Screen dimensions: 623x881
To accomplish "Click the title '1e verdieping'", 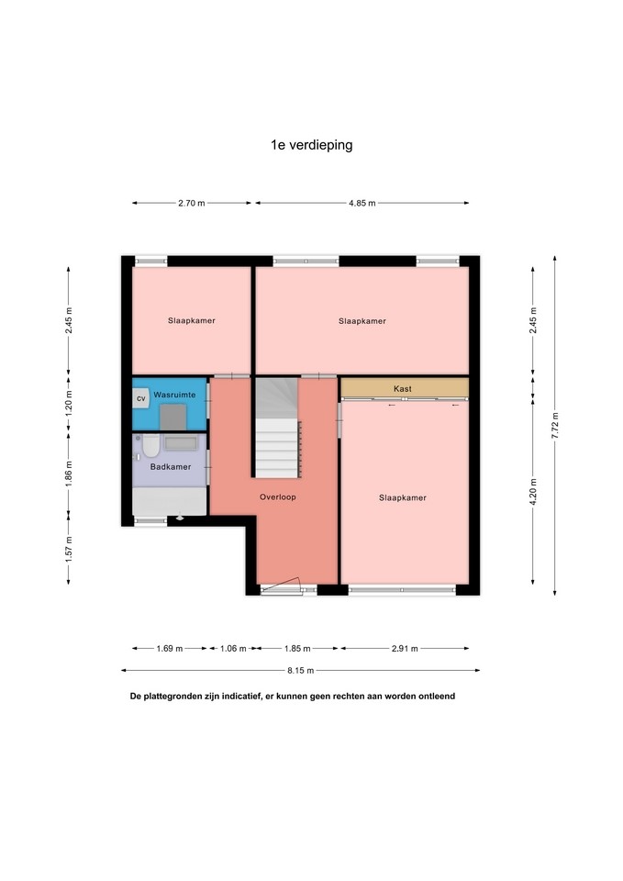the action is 312,145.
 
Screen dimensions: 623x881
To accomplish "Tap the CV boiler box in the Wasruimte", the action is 141,398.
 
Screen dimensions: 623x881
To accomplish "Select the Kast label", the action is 403,388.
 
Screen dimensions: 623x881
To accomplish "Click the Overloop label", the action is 277,496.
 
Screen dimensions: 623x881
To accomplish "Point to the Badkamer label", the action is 171,466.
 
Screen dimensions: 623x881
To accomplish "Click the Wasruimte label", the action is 174,395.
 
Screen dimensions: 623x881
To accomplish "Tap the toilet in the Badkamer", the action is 150,446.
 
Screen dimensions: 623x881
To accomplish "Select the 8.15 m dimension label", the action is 301,670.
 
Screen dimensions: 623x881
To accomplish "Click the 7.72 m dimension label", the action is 555,425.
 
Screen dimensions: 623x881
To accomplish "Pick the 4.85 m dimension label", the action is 362,203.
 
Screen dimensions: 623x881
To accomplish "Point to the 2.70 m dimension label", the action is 192,203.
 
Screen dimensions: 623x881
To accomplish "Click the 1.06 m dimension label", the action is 232,648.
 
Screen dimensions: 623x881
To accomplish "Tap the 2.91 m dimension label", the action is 405,648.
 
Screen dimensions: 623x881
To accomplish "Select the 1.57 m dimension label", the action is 69,549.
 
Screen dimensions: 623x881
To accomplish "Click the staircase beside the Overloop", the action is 276,428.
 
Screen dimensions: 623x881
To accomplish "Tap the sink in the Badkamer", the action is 181,442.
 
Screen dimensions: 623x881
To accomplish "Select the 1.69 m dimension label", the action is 169,648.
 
